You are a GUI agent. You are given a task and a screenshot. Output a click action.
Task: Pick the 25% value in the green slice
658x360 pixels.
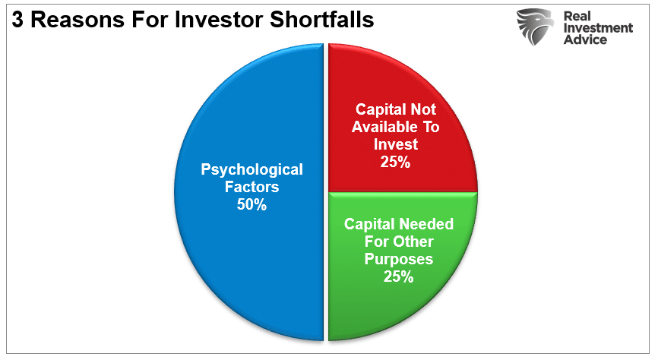(x=399, y=276)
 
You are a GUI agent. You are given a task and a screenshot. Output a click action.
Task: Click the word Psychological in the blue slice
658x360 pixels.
(x=251, y=169)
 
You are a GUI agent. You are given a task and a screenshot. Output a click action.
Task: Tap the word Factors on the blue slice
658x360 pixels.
(x=251, y=186)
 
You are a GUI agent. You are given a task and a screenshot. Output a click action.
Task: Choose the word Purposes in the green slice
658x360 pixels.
(x=399, y=259)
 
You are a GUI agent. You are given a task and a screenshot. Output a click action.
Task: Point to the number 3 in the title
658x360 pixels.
(x=16, y=19)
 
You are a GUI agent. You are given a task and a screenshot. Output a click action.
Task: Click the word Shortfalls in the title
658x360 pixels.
(x=323, y=19)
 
